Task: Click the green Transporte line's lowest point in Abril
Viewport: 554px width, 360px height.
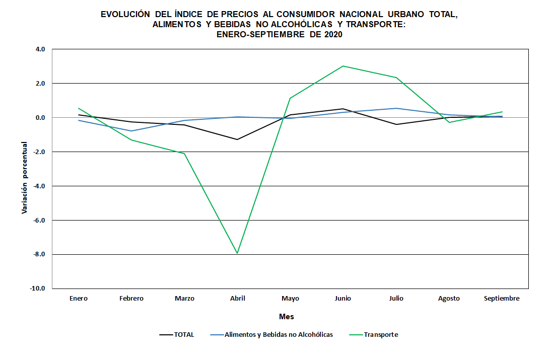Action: [237, 253]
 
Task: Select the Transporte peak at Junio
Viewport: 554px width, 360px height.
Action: [343, 66]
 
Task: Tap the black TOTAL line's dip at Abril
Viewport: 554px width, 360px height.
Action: [237, 139]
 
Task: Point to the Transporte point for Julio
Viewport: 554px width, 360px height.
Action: [396, 78]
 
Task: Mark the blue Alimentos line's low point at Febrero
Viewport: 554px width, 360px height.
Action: [131, 131]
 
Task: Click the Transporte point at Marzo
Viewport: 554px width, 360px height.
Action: [184, 154]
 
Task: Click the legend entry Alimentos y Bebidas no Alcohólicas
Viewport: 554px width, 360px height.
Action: [279, 335]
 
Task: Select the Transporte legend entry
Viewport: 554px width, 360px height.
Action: [381, 335]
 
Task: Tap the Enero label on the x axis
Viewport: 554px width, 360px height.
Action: [79, 299]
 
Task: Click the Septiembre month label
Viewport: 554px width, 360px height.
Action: [502, 299]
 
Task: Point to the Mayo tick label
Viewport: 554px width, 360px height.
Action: [290, 299]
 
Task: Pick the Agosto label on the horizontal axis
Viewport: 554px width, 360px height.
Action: [449, 299]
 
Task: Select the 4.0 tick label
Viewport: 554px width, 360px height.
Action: [41, 49]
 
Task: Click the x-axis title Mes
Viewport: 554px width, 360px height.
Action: [287, 317]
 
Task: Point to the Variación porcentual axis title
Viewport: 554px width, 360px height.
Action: [24, 177]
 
